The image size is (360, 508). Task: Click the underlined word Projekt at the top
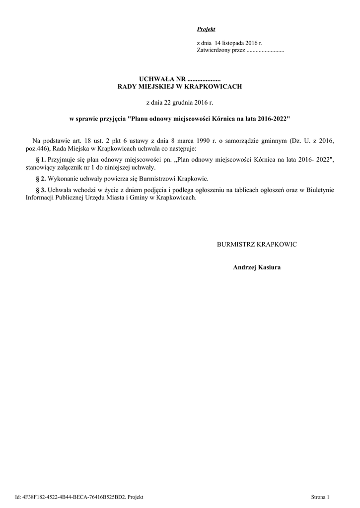[x=206, y=30]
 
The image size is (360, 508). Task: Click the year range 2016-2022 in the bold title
[x=272, y=120]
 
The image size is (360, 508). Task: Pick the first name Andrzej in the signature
[x=244, y=268]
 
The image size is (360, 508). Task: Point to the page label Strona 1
[x=320, y=497]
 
